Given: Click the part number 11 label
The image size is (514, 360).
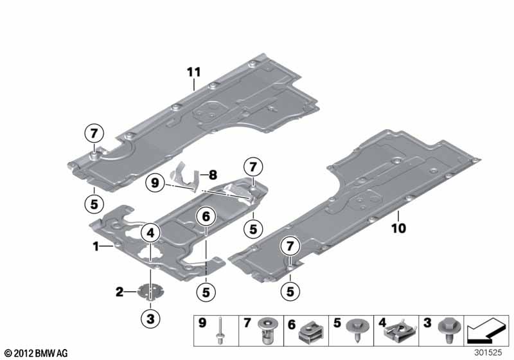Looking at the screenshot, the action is (194, 72).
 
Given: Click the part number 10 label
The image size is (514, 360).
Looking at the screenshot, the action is (398, 228).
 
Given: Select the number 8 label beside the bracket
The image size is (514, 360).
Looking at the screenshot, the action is (213, 175).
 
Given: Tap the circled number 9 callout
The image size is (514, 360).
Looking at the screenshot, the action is (155, 183).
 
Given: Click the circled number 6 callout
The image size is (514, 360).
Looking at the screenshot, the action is (206, 217).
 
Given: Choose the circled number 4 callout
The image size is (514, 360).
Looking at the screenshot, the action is (150, 233).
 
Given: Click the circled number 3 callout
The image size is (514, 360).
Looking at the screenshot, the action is (150, 318).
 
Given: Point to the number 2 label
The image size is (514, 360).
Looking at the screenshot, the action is (120, 291).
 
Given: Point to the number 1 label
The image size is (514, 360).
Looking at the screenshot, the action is (96, 246).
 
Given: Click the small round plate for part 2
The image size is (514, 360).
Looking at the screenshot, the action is (151, 291).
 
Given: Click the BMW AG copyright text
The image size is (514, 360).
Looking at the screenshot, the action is (37, 353).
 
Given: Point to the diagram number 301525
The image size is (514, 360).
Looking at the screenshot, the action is (488, 352).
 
